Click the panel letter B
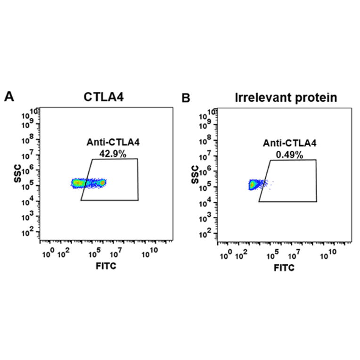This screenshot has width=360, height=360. click(186, 98)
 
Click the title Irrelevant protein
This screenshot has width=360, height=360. click(286, 98)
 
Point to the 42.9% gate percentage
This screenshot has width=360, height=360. click(112, 153)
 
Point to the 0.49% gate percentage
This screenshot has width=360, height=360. click(289, 154)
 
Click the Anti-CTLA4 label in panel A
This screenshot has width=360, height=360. click(113, 142)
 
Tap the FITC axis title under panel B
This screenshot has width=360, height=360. click(284, 268)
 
